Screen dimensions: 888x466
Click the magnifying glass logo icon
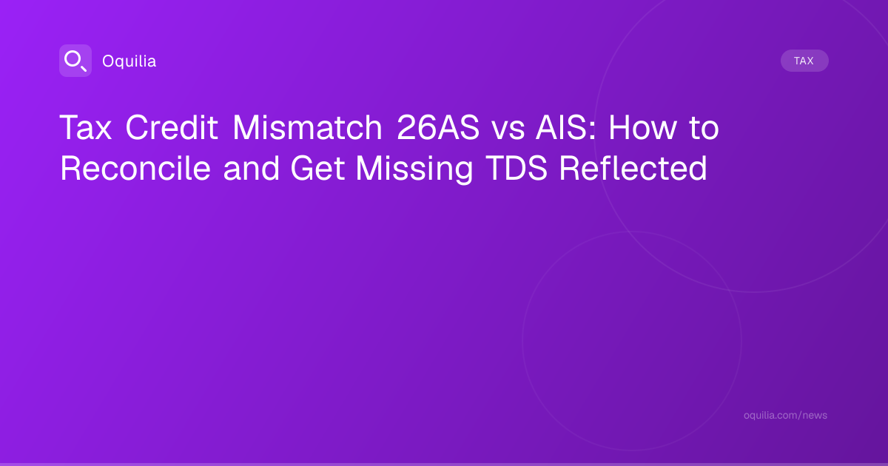click(x=75, y=61)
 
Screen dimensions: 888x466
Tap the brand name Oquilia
click(x=129, y=61)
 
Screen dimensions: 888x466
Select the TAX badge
click(x=804, y=61)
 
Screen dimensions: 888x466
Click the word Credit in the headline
click(x=172, y=127)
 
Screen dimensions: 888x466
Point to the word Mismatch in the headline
click(x=307, y=127)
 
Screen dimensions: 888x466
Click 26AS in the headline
click(x=438, y=127)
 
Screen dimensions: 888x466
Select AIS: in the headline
click(x=565, y=127)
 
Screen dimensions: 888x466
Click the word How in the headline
click(x=642, y=127)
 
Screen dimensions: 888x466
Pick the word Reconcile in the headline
click(x=135, y=169)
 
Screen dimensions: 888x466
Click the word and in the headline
click(x=252, y=169)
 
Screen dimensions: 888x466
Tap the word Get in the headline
click(x=317, y=169)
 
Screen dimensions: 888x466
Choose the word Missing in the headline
click(x=414, y=170)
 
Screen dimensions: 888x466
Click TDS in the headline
click(x=517, y=169)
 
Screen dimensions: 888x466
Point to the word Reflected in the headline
click(x=633, y=169)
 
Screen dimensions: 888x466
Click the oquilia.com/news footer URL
click(x=785, y=415)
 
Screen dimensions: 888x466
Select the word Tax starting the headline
click(x=86, y=127)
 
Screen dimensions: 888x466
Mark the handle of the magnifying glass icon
click(x=84, y=68)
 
